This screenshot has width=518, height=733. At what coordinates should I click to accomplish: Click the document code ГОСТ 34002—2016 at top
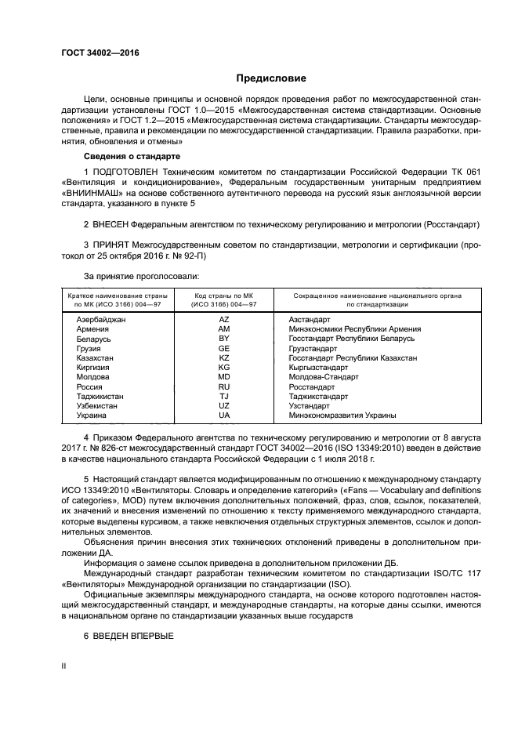pos(95,52)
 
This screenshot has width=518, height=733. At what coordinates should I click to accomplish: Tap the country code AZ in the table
pos(223,320)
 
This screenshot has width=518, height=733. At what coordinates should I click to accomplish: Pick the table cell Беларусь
pos(94,339)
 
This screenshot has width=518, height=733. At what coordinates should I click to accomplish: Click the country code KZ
pos(223,357)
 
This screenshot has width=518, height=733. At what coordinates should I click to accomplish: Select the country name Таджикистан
pos(100,396)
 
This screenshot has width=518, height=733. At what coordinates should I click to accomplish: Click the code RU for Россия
pos(223,386)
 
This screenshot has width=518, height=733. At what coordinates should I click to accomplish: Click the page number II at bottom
pos(65,665)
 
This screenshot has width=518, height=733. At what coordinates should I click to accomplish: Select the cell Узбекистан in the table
pos(97,405)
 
